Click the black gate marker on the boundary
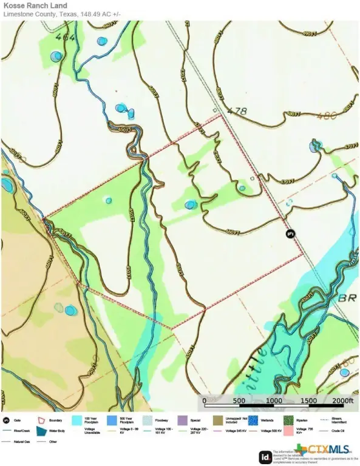[290, 234]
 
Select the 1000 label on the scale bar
[274, 401]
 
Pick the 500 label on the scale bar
[239, 401]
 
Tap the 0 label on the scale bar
[205, 401]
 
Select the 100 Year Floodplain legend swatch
[76, 420]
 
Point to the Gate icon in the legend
[5, 420]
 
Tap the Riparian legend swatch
[289, 420]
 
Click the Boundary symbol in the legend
[42, 420]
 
